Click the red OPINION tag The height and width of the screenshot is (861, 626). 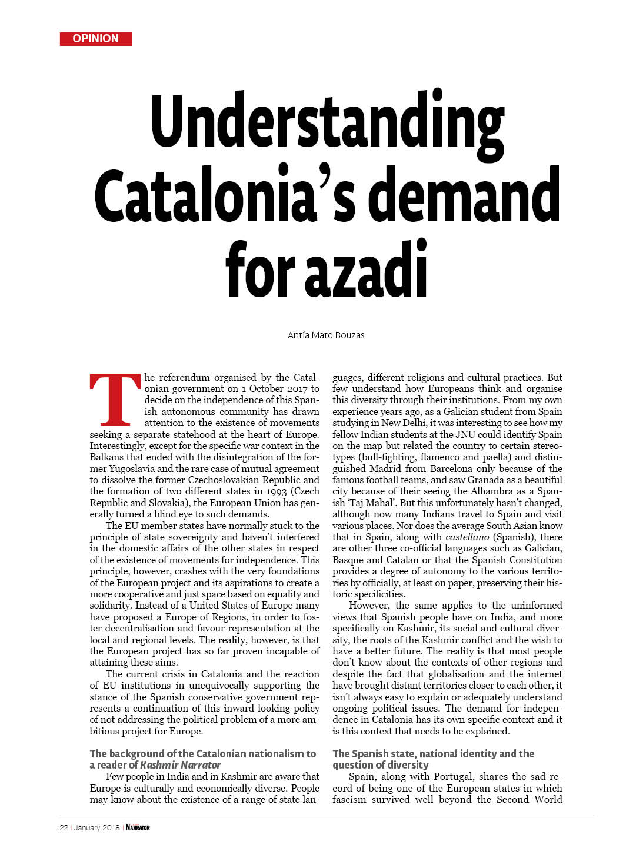[95, 39]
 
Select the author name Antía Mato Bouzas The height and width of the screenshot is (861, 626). [326, 335]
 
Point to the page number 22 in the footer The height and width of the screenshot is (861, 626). [64, 827]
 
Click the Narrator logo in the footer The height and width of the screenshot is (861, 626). [138, 827]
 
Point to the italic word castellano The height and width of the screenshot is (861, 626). [467, 537]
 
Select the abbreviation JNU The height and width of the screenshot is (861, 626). [466, 434]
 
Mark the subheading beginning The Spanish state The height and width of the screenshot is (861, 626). [433, 759]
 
